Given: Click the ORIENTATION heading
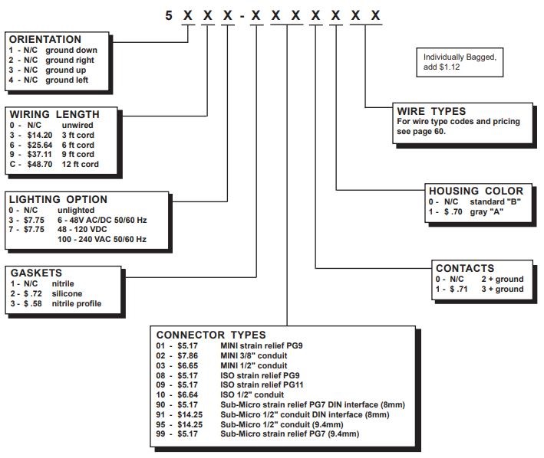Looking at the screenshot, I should click(44, 39).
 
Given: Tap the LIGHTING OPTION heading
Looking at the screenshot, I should click(58, 199).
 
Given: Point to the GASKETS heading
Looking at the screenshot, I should click(35, 272).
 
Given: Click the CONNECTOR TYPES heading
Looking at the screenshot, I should click(211, 335).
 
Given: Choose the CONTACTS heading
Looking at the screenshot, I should click(465, 268).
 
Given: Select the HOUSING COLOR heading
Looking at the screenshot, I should click(476, 191).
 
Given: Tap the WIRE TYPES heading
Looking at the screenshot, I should click(432, 111).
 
